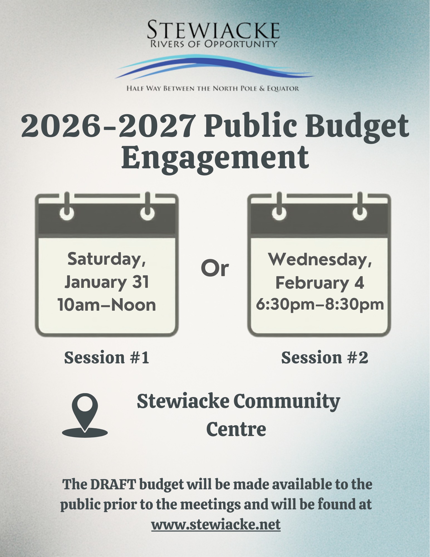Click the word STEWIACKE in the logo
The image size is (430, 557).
[213, 30]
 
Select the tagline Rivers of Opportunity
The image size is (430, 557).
[213, 44]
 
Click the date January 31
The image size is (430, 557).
[107, 282]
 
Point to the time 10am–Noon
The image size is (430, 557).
[107, 305]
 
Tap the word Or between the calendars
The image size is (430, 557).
[215, 269]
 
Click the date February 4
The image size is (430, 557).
[320, 283]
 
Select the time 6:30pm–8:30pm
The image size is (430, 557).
[320, 304]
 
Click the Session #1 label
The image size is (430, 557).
[107, 357]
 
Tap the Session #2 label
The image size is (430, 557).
[325, 357]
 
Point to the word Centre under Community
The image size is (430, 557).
[236, 429]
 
